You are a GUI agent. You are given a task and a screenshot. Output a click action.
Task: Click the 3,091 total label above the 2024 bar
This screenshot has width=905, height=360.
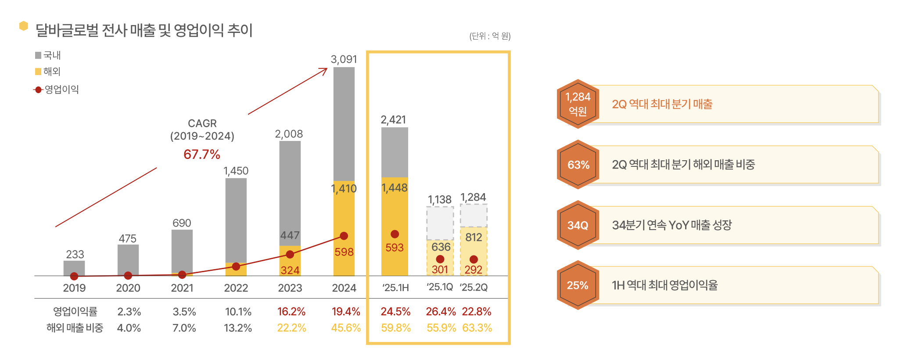pyautogui.click(x=344, y=59)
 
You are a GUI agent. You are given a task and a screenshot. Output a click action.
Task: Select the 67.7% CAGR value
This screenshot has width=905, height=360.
pyautogui.click(x=201, y=155)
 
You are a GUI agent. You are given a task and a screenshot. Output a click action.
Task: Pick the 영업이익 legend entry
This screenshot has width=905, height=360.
pyautogui.click(x=57, y=90)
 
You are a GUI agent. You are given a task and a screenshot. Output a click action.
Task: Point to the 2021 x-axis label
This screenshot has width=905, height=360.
pyautogui.click(x=182, y=288)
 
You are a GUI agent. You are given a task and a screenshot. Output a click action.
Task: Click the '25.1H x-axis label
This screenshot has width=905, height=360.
pyautogui.click(x=395, y=288)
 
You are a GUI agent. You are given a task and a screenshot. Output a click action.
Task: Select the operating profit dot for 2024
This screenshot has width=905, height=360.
pyautogui.click(x=344, y=236)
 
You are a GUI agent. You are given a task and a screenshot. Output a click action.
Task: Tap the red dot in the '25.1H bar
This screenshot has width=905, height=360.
pyautogui.click(x=395, y=234)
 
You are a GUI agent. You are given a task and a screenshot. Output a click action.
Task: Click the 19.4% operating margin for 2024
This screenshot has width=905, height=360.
pyautogui.click(x=346, y=312)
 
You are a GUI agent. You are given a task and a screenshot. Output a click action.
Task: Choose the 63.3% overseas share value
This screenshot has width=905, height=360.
pyautogui.click(x=477, y=328)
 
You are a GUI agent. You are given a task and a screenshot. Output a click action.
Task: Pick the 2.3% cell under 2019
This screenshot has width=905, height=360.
pyautogui.click(x=129, y=312)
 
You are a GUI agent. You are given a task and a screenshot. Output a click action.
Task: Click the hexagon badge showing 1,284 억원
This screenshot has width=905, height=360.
pyautogui.click(x=578, y=104)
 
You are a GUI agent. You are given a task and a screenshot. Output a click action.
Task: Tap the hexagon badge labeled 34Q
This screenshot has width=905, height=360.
pyautogui.click(x=578, y=225)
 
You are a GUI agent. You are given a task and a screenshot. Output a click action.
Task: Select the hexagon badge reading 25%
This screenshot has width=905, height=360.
pyautogui.click(x=578, y=285)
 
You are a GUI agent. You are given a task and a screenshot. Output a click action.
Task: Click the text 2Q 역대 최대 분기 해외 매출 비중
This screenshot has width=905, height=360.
pyautogui.click(x=683, y=165)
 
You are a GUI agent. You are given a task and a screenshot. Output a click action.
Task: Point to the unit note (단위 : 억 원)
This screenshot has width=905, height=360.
pyautogui.click(x=490, y=36)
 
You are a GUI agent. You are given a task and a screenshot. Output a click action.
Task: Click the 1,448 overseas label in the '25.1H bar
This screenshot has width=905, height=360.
pyautogui.click(x=395, y=188)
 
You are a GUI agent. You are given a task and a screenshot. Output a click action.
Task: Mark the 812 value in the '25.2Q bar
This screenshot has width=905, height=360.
pyautogui.click(x=474, y=238)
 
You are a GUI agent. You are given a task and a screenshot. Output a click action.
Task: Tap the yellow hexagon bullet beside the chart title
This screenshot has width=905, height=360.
pyautogui.click(x=24, y=26)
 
